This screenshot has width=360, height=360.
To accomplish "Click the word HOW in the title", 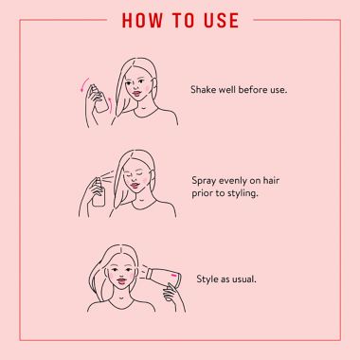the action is (142, 20).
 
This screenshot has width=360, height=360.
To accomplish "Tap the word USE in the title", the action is (221, 20).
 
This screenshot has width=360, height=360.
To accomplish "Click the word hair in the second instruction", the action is (271, 181).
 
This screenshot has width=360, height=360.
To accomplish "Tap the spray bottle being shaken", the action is (99, 99).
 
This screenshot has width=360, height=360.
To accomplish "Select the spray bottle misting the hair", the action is (99, 192).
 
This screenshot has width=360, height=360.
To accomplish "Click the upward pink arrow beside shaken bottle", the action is (110, 104).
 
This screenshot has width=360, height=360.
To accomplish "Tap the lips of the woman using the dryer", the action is (121, 280).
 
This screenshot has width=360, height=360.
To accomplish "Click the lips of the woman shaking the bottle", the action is (136, 94).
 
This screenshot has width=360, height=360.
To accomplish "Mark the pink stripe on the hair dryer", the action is (173, 276).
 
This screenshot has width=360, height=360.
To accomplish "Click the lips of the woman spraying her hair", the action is (135, 186).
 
